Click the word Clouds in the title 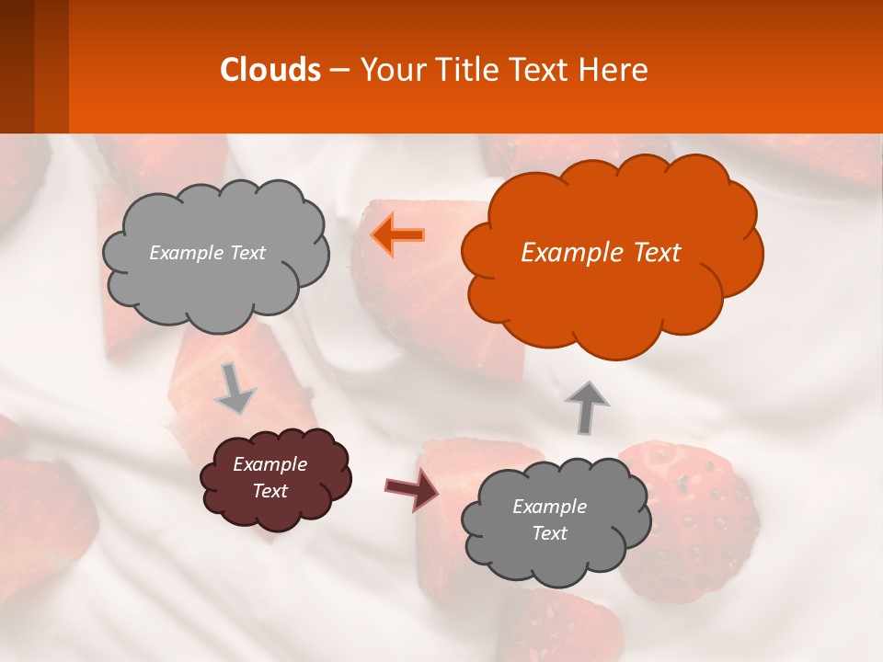pyautogui.click(x=270, y=70)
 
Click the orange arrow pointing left pyautogui.click(x=398, y=235)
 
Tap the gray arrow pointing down pyautogui.click(x=235, y=387)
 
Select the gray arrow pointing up pyautogui.click(x=586, y=406)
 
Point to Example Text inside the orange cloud pyautogui.click(x=601, y=253)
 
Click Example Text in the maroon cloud pyautogui.click(x=269, y=478)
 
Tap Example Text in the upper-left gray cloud pyautogui.click(x=207, y=253)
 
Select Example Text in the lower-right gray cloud pyautogui.click(x=549, y=519)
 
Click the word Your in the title pyautogui.click(x=389, y=70)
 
